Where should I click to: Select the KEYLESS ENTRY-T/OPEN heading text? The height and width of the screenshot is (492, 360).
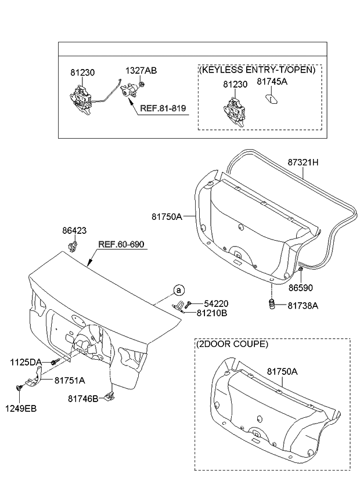pyautogui.click(x=258, y=70)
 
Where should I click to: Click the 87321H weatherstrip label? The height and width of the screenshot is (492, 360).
pyautogui.click(x=303, y=163)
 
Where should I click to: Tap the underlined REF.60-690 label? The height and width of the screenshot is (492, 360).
pyautogui.click(x=122, y=245)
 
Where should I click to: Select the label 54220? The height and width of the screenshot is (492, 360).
pyautogui.click(x=215, y=303)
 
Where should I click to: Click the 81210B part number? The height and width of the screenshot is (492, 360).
pyautogui.click(x=211, y=313)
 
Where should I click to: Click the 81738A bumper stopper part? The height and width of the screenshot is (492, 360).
pyautogui.click(x=271, y=305)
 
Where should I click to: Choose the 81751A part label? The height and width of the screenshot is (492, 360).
pyautogui.click(x=70, y=381)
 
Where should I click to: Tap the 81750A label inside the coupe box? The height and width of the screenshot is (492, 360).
pyautogui.click(x=282, y=370)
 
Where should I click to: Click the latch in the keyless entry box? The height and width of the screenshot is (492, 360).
pyautogui.click(x=235, y=109)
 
